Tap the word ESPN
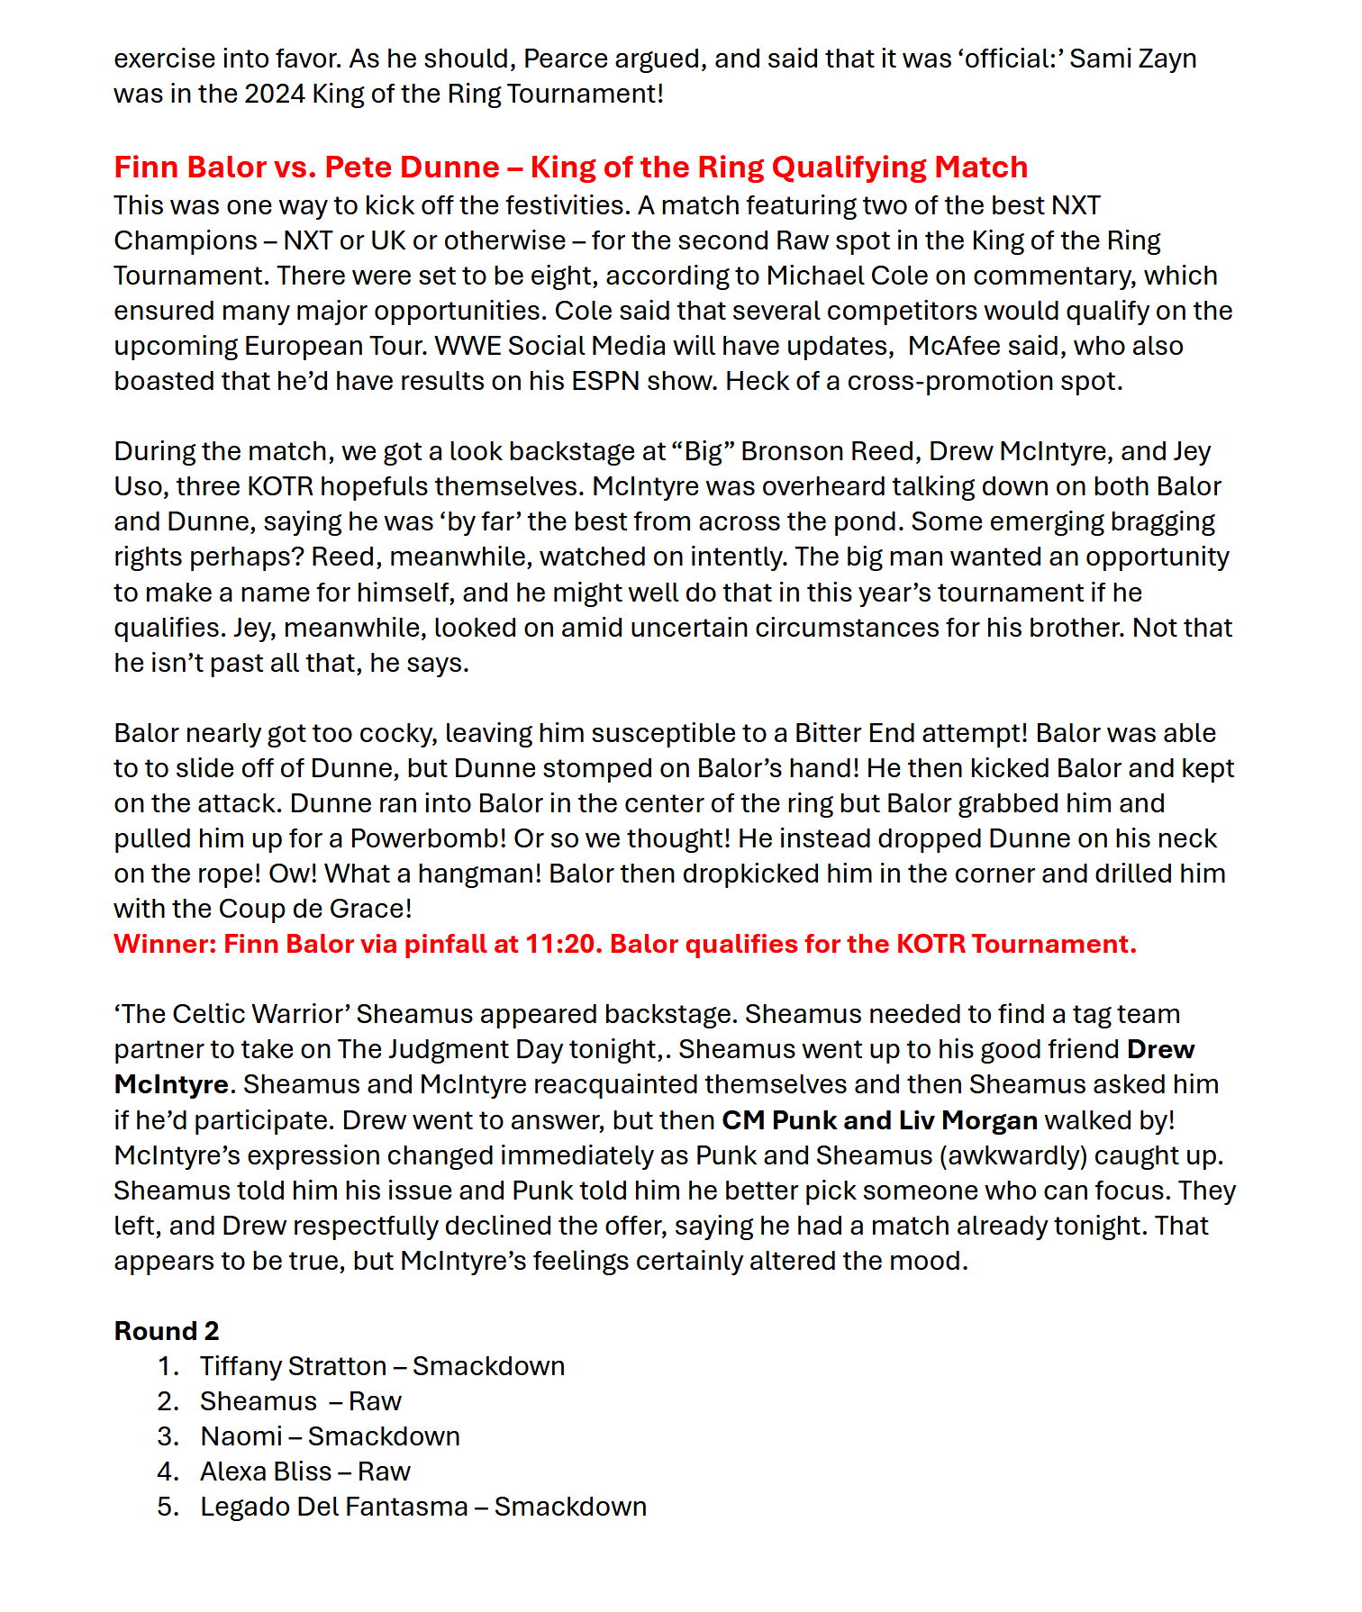[x=605, y=381]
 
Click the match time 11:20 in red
[x=563, y=944]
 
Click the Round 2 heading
[x=166, y=1331]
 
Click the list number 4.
[x=167, y=1472]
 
